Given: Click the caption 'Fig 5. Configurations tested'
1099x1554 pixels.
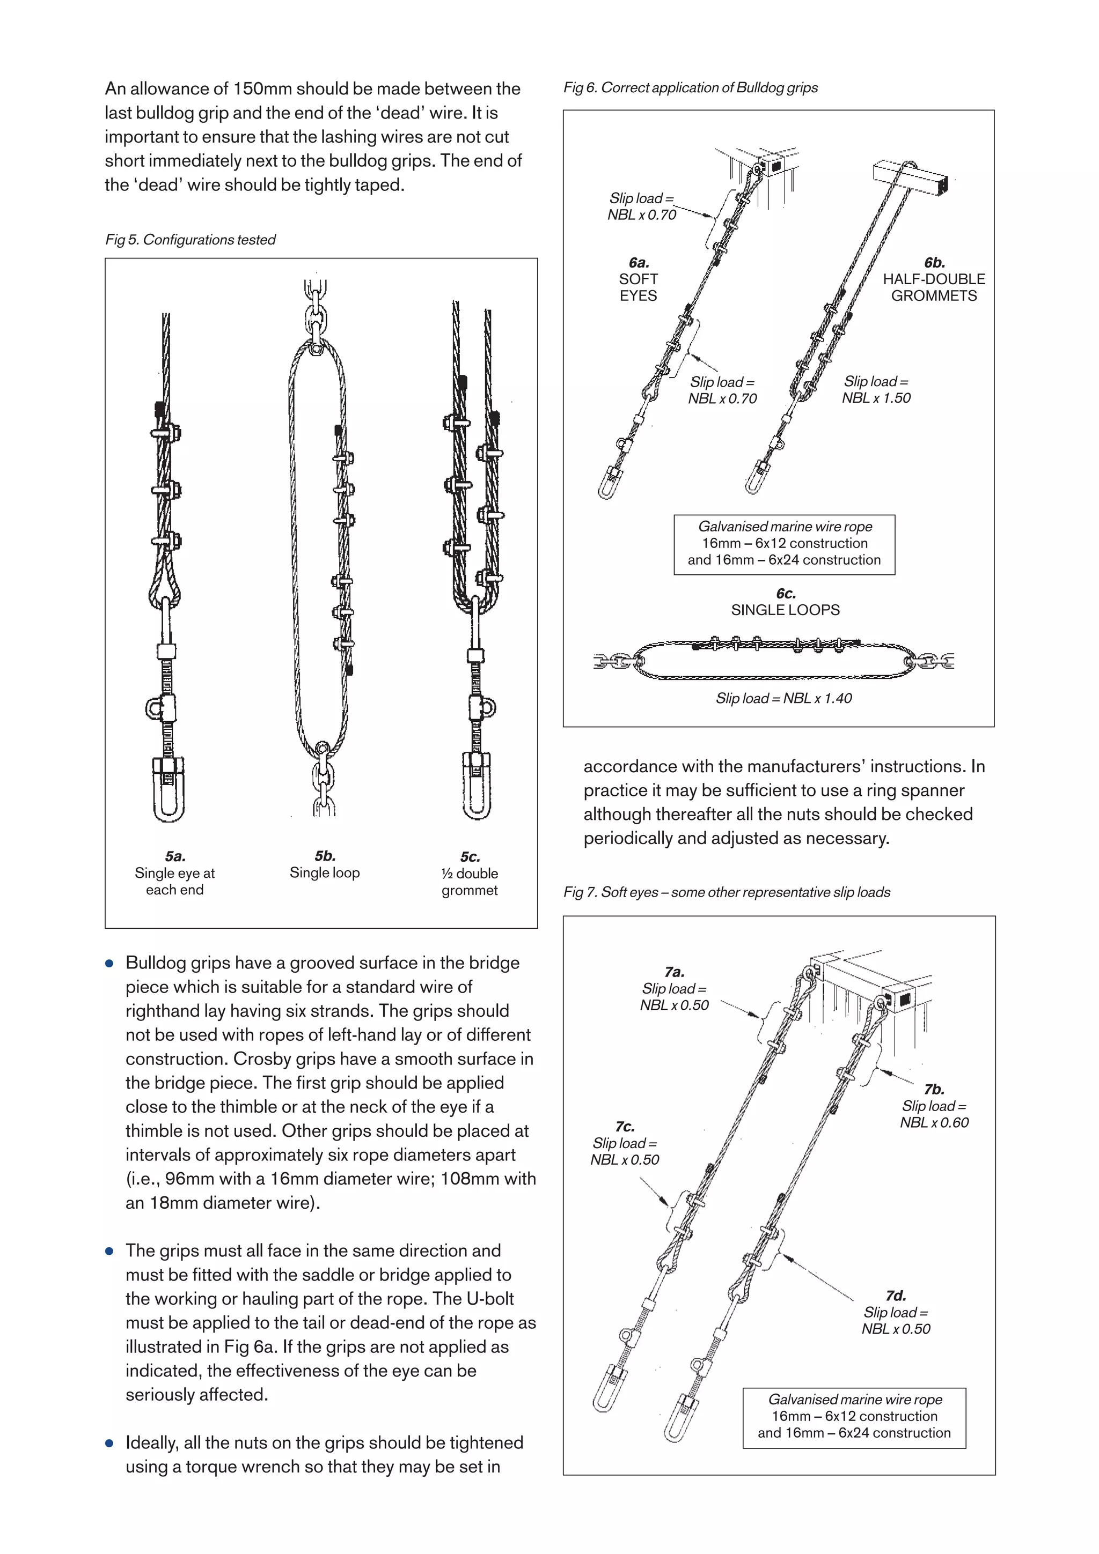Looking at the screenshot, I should coord(191,240).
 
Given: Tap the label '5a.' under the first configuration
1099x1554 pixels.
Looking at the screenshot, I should coord(175,856).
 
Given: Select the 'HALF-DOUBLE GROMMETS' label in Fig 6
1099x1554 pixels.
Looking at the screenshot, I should coord(933,287).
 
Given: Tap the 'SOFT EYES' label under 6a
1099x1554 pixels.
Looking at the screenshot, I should coord(638,287).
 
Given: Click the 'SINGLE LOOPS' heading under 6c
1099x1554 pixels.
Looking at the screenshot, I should coord(785,610).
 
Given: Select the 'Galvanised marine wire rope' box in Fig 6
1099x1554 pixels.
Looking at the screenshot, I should coord(784,544).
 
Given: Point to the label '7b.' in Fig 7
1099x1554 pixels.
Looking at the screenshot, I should coord(934,1089).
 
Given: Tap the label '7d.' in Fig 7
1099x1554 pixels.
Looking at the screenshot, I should coord(895,1296).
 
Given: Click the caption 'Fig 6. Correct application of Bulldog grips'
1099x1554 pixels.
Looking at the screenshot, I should coord(690,87).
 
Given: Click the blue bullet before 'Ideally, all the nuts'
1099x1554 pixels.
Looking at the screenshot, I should coord(109,1443).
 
